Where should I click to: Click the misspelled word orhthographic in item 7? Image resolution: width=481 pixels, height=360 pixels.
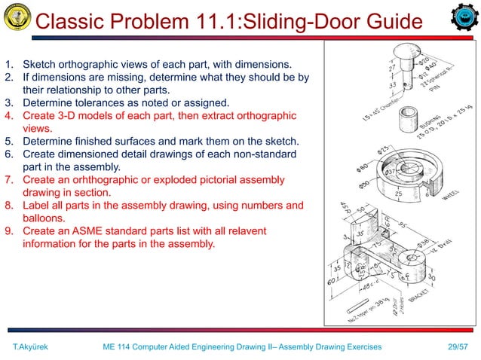click(111, 179)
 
